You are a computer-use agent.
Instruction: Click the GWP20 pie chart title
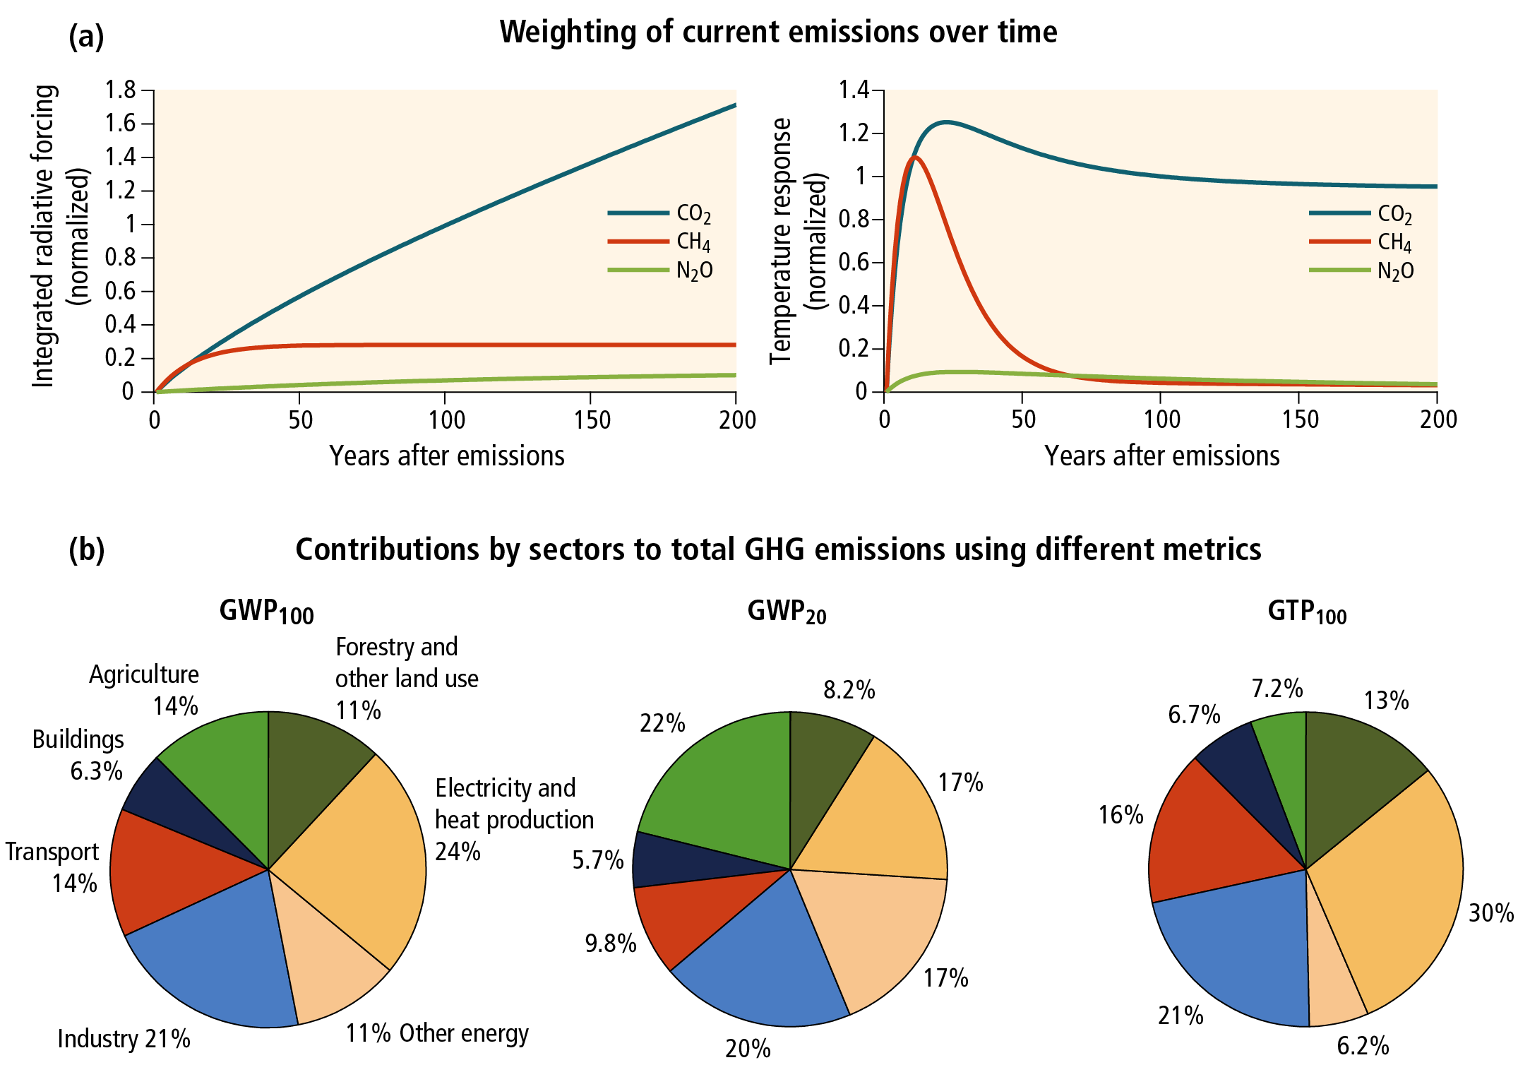787,612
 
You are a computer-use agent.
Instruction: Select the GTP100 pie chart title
1307,612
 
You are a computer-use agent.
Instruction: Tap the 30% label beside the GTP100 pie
1490,913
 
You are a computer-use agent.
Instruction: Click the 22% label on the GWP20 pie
662,723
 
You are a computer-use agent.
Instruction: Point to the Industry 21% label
124,1039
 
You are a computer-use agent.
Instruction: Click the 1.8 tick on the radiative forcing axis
121,90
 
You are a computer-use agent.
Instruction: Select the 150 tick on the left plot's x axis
592,420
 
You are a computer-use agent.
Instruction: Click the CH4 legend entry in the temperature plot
1394,242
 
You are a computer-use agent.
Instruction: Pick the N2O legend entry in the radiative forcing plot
694,270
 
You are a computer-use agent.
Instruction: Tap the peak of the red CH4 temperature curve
915,157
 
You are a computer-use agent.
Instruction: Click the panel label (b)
86,549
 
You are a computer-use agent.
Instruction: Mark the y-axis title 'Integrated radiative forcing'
44,237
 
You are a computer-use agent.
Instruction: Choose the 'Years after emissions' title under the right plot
1161,456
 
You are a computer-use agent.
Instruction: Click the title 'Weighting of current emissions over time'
778,32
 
